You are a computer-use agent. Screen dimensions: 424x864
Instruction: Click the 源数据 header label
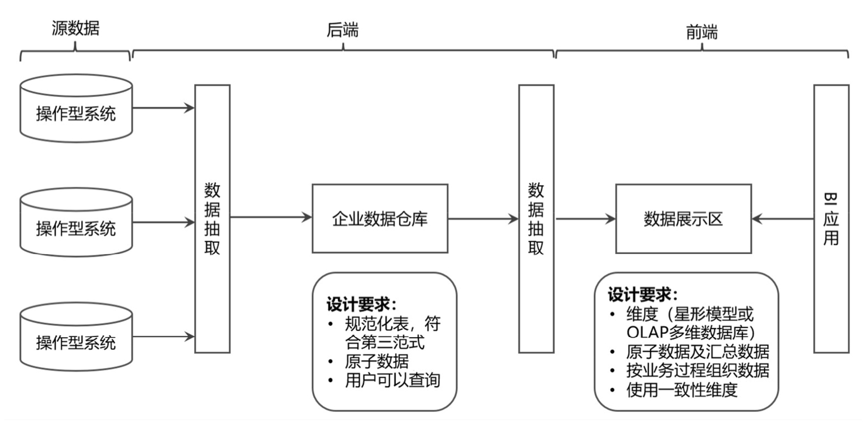[76, 28]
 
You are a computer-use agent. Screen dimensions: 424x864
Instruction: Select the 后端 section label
[342, 31]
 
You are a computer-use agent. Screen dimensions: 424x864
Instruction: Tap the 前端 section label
[702, 32]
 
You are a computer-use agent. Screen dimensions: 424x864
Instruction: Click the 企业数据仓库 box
[380, 218]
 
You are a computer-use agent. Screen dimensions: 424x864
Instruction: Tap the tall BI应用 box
[831, 218]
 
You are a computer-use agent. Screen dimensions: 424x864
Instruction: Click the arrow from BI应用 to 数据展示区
[782, 218]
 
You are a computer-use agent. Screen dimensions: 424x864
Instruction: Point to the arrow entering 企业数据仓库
[271, 218]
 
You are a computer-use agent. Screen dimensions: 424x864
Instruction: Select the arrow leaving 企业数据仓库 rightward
[483, 218]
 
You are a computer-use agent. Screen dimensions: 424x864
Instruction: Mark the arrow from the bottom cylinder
[164, 336]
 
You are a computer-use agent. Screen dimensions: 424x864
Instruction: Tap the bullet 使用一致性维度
[681, 390]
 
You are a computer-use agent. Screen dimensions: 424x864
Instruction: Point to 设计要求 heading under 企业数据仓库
[361, 305]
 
